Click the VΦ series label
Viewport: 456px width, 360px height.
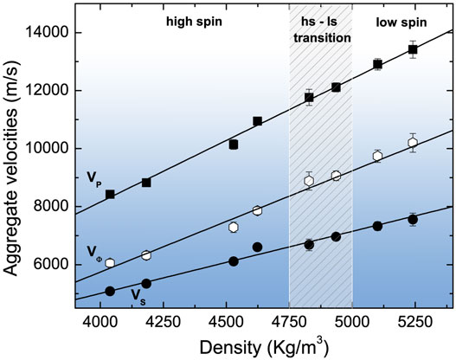pos(94,251)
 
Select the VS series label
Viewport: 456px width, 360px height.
pos(137,295)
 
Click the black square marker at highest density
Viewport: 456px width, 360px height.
pos(413,49)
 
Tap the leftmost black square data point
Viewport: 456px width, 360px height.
pos(110,195)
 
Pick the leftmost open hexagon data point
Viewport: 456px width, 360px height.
pos(110,263)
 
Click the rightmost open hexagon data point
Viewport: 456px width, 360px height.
pos(413,143)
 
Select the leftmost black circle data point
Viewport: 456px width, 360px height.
pos(110,292)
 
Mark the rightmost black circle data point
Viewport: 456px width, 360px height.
pos(413,220)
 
